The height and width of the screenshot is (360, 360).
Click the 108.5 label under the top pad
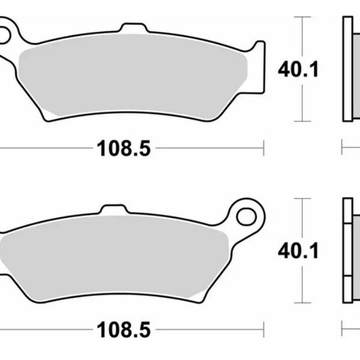click(x=123, y=146)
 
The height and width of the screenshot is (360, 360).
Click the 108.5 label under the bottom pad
click(x=123, y=329)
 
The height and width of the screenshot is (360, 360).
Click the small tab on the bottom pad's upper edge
click(x=113, y=209)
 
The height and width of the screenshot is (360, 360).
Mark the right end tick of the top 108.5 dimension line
click(x=263, y=146)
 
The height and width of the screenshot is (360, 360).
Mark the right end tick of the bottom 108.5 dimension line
click(x=263, y=329)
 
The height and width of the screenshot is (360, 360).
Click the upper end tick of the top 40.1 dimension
click(x=303, y=17)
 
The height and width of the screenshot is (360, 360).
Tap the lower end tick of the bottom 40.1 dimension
click(x=303, y=302)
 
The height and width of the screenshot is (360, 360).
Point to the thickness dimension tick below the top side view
click(x=342, y=146)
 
